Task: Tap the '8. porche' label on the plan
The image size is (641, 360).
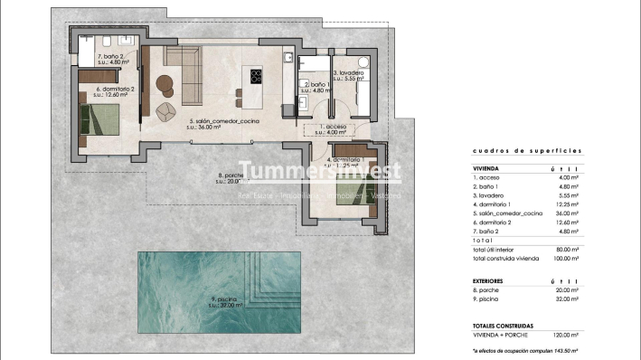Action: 231,177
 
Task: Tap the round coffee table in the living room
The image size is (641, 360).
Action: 164,84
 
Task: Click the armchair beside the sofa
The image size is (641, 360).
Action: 165,111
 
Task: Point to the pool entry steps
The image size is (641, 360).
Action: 271,276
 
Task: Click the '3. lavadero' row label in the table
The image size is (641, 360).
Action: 489,195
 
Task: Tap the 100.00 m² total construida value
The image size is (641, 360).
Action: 592,260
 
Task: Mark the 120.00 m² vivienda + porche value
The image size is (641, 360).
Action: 592,334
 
